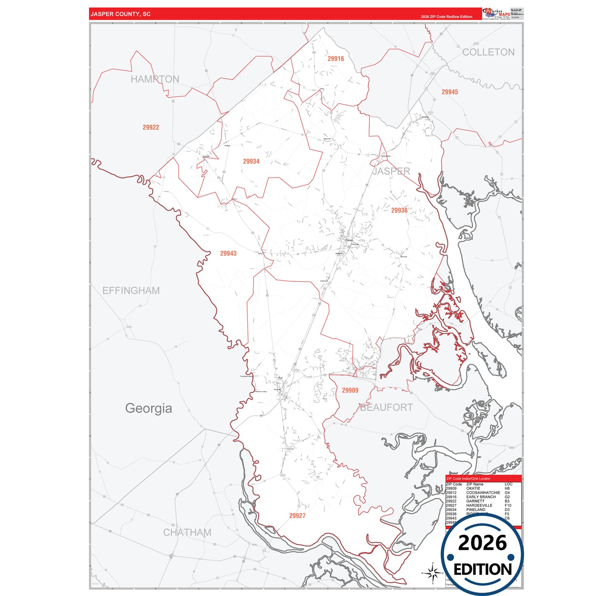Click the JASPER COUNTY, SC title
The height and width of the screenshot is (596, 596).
click(x=120, y=14)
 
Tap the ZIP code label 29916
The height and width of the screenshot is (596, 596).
click(x=336, y=59)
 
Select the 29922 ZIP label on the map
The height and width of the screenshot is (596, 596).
click(x=151, y=127)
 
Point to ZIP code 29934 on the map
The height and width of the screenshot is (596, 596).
click(x=251, y=161)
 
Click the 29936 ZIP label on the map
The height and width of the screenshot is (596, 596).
click(x=399, y=210)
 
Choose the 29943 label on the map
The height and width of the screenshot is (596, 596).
click(x=228, y=253)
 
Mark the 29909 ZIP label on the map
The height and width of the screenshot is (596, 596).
click(x=350, y=390)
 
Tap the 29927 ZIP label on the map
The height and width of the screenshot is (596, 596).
click(x=297, y=516)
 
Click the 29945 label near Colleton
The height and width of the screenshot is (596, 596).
click(x=450, y=92)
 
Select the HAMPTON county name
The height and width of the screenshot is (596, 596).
click(x=155, y=79)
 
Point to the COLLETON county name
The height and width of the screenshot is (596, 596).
click(x=488, y=52)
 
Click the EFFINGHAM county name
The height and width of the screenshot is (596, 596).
click(x=131, y=291)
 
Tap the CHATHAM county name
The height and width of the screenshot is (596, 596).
click(x=187, y=532)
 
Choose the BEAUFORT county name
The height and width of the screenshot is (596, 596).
click(x=386, y=408)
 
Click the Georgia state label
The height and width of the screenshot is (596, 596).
click(x=148, y=408)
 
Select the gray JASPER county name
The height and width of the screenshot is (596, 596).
click(x=391, y=171)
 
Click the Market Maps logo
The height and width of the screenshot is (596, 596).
click(x=496, y=14)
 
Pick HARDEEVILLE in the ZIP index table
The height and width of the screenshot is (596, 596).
click(x=479, y=505)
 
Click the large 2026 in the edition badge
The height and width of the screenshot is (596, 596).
click(x=482, y=543)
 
